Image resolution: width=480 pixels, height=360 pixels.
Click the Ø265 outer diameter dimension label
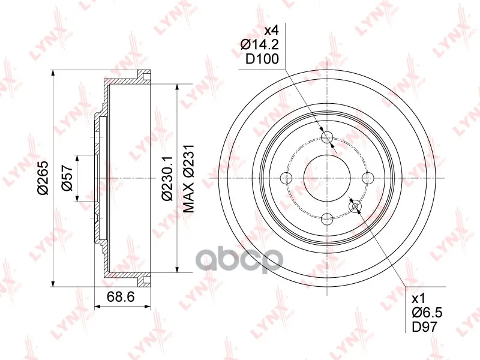pyautogui.click(x=43, y=178)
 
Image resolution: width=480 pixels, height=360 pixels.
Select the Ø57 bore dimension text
pyautogui.click(x=67, y=178)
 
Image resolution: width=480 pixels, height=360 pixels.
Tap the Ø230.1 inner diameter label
pyautogui.click(x=168, y=178)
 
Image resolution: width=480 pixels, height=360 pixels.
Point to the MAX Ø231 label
pyautogui.click(x=189, y=178)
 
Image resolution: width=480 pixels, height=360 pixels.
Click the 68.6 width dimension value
pyautogui.click(x=121, y=296)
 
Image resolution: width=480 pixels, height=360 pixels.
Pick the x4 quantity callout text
pyautogui.click(x=271, y=31)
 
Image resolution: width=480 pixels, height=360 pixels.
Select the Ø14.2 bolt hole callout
pyautogui.click(x=260, y=44)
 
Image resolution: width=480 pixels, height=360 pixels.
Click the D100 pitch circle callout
pyautogui.click(x=262, y=59)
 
